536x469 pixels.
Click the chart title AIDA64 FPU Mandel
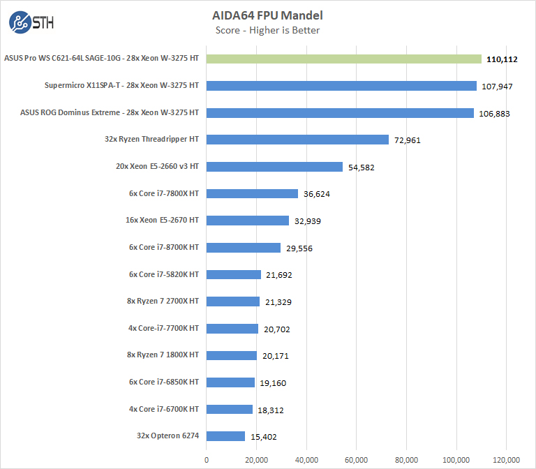267,15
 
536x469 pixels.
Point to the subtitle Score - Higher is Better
267,30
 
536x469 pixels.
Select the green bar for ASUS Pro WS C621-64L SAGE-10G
344,59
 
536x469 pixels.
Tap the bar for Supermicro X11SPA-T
341,86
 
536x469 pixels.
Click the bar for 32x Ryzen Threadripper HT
297,140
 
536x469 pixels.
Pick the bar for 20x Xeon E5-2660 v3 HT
274,167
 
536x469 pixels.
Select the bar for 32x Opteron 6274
225,436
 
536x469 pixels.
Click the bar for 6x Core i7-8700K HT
244,247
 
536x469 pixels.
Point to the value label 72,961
408,140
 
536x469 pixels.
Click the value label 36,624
316,193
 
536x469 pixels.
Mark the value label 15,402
264,437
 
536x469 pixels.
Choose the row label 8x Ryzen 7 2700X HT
163,301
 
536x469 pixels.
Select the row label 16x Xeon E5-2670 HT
161,220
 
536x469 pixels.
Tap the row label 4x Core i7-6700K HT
164,409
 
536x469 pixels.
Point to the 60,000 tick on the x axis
356,460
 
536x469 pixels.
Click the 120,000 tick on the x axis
506,460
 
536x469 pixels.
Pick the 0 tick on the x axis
207,460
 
